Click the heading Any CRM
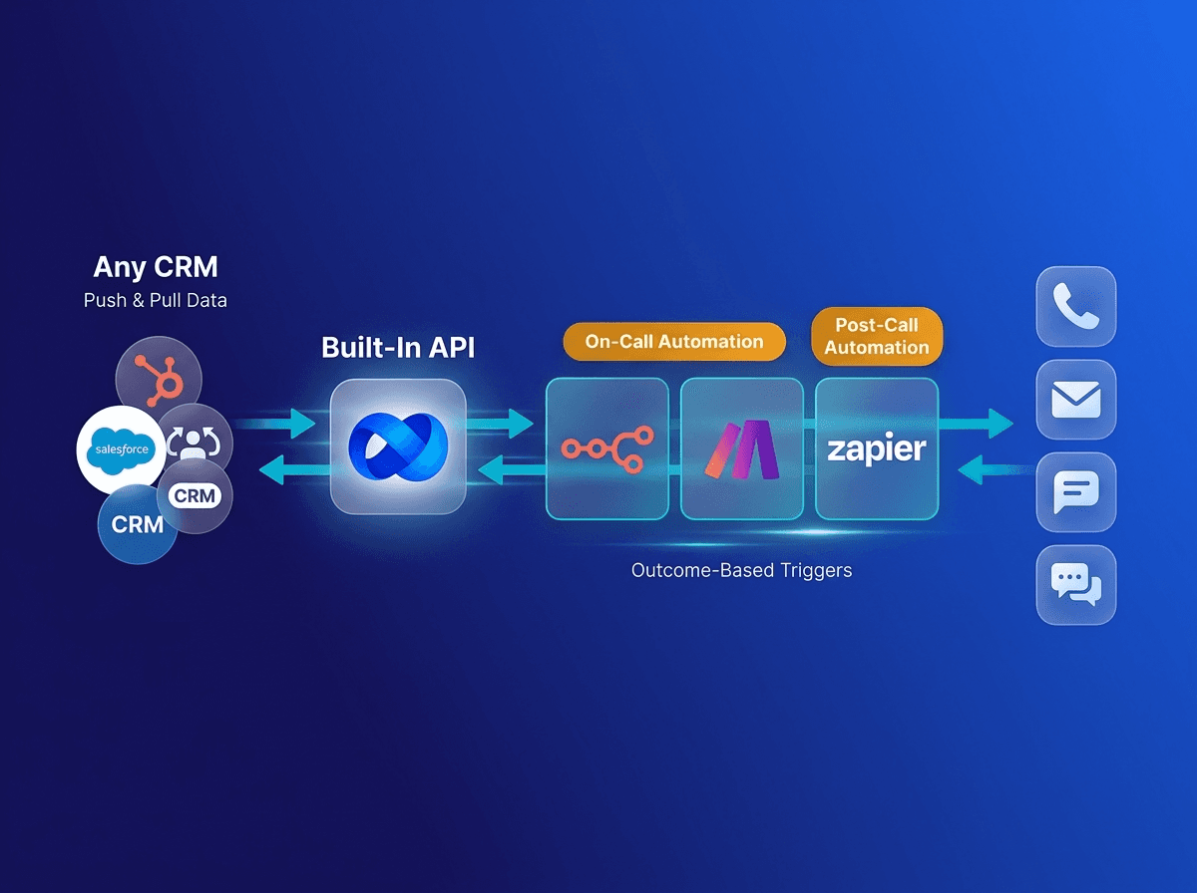(155, 267)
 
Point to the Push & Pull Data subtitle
(155, 300)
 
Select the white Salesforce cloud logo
(122, 449)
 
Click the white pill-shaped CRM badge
(195, 495)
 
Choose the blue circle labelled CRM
(137, 524)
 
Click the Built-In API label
(397, 348)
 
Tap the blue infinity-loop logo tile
(398, 446)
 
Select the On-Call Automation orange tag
(674, 342)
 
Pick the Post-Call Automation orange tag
(877, 336)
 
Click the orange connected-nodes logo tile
(606, 448)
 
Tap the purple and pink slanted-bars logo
(741, 448)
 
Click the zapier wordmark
(877, 448)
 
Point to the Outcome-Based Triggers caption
(742, 571)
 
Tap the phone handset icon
(1075, 306)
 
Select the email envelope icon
(1075, 400)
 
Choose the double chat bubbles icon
(1075, 585)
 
